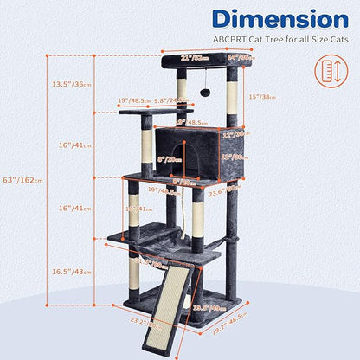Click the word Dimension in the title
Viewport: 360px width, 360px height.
click(268, 19)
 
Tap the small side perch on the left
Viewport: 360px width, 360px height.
click(143, 111)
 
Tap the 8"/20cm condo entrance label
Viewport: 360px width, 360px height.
click(170, 158)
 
